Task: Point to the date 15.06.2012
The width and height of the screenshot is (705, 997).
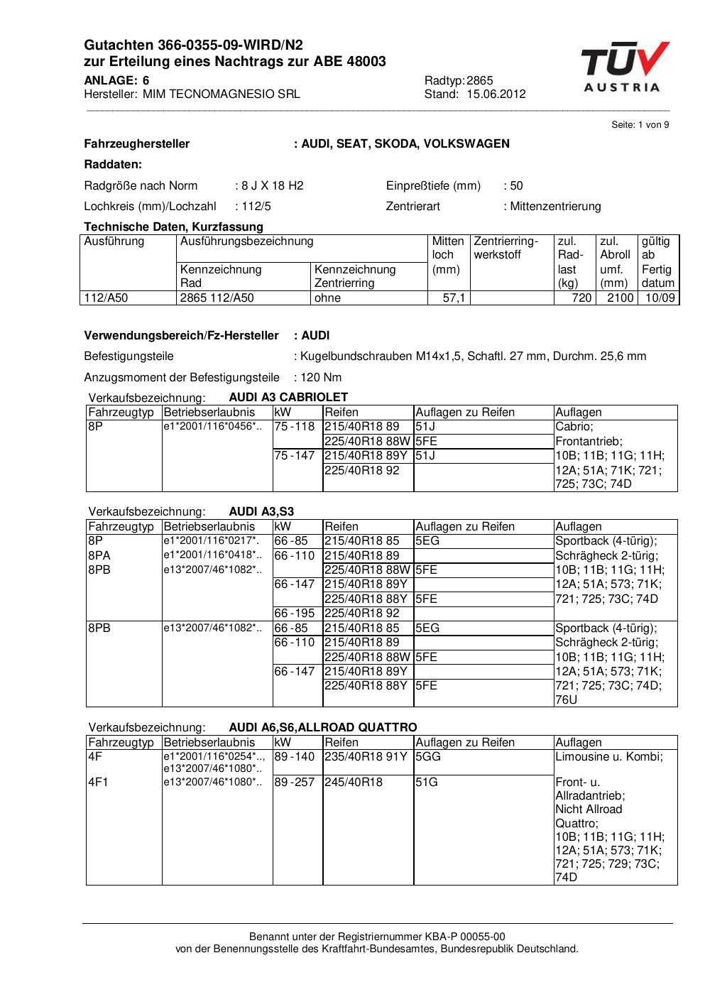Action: click(496, 94)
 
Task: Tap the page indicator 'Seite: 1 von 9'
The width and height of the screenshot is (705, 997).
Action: click(640, 124)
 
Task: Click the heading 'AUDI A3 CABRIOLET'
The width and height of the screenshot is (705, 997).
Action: click(288, 397)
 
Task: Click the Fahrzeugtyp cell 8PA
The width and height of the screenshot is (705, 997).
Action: click(99, 555)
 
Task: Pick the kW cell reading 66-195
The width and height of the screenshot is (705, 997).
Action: click(294, 613)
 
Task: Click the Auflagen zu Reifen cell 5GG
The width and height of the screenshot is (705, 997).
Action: click(428, 756)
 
